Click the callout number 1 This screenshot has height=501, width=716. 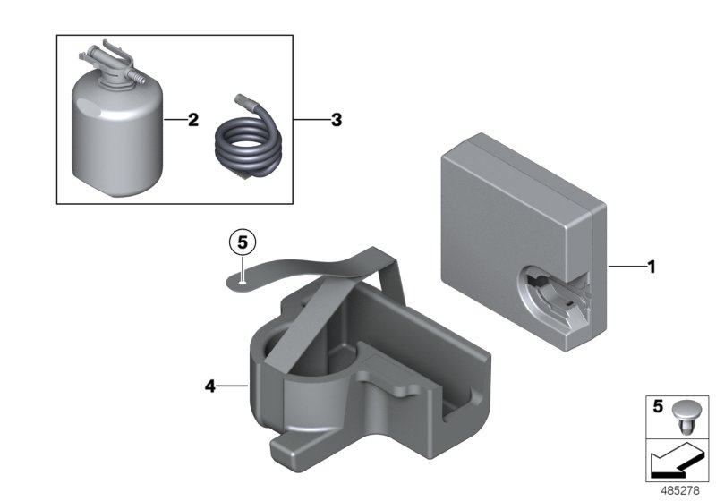[x=652, y=266]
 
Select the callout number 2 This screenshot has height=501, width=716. [x=192, y=119]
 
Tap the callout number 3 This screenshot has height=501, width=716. [x=336, y=119]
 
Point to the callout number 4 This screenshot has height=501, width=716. [x=210, y=386]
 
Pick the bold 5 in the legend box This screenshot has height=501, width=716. [x=656, y=406]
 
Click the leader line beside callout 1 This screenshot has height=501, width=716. [x=626, y=266]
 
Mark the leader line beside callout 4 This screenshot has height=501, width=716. [x=234, y=386]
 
